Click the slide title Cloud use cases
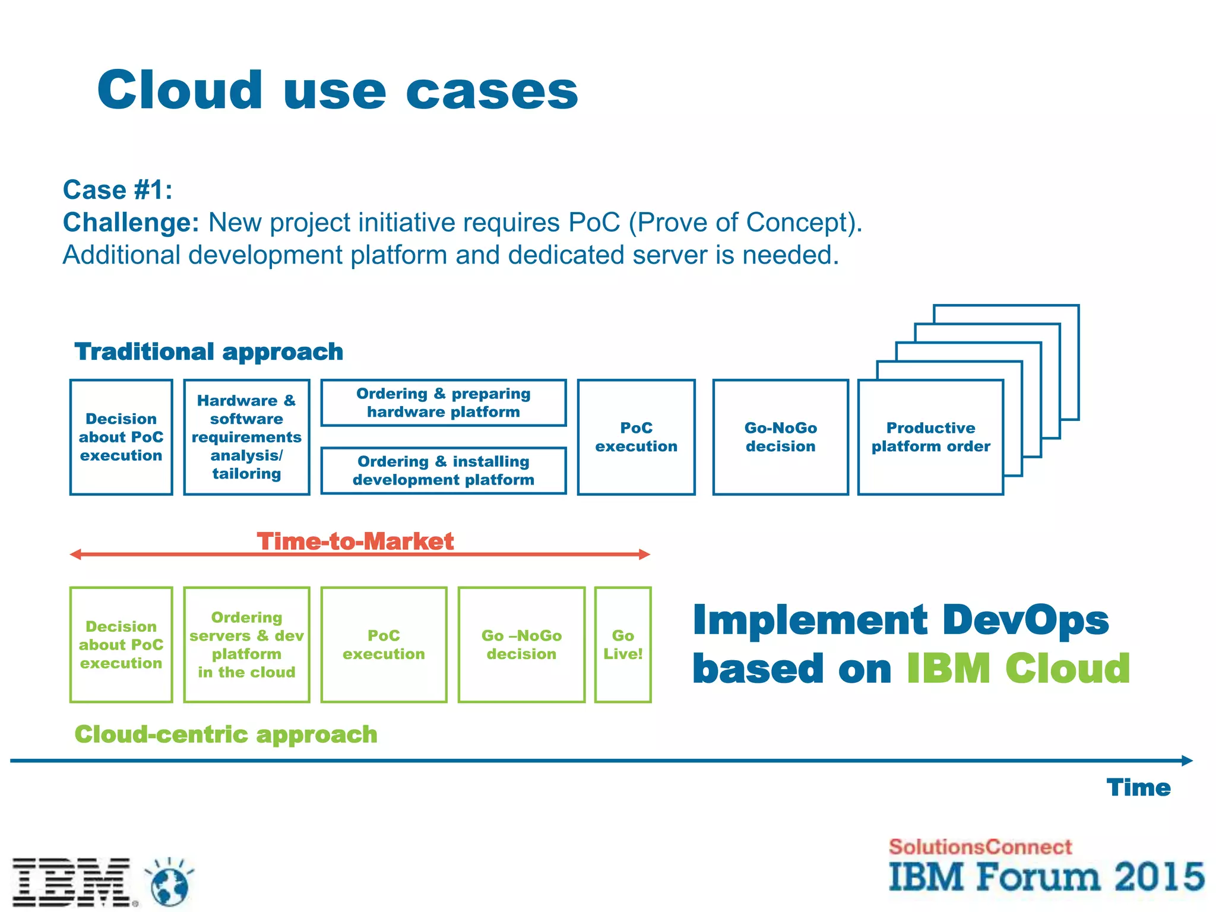coord(337,90)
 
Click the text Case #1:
coord(118,190)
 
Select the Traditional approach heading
coord(208,351)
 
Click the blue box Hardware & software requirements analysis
coord(246,437)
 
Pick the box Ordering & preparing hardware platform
coord(443,403)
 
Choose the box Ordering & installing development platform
coord(443,470)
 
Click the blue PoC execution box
coord(636,437)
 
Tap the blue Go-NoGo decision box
coord(780,437)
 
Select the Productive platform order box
coord(930,437)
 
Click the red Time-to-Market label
coord(355,541)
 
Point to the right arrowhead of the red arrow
coord(645,555)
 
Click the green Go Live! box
coord(623,645)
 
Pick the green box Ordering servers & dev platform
coord(246,645)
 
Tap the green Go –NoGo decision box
coord(521,645)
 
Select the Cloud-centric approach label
coord(226,734)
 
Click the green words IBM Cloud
coord(1018,669)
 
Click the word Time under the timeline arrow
coord(1138,787)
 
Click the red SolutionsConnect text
coord(980,847)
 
